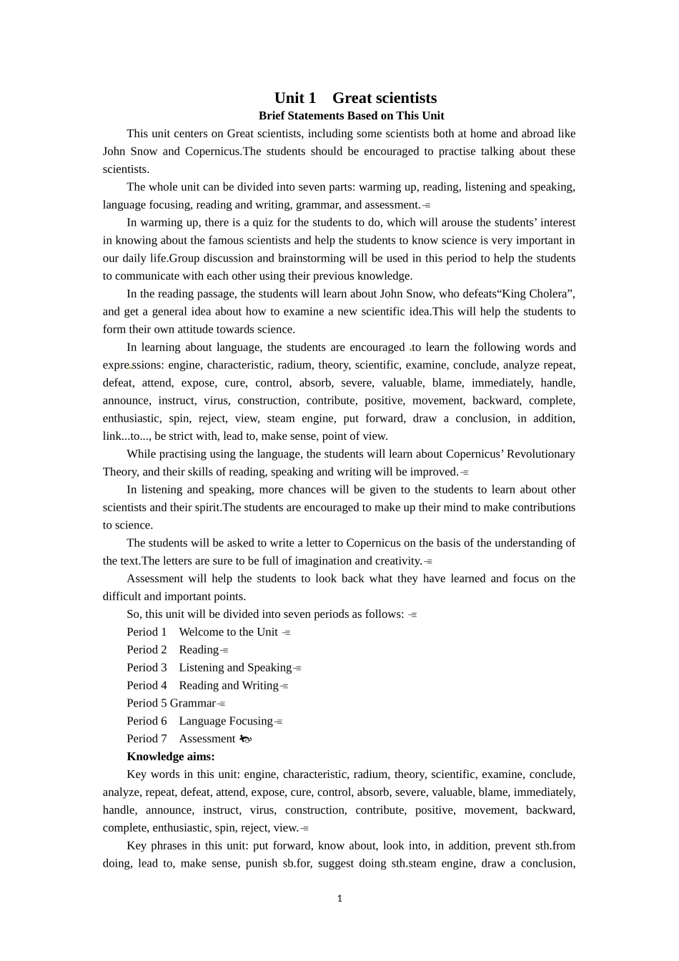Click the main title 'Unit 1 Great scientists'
click(355, 98)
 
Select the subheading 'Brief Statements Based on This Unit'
click(351, 116)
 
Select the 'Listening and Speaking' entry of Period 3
click(235, 668)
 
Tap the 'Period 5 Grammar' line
click(171, 704)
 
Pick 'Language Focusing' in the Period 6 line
click(226, 721)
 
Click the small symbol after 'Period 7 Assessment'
click(245, 739)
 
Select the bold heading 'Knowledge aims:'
click(170, 757)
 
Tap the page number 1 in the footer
click(339, 899)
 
